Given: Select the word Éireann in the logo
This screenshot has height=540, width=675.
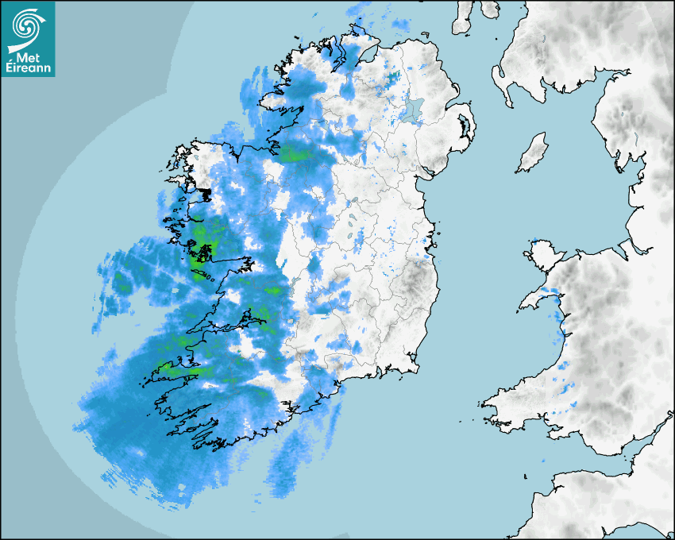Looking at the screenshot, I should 29,68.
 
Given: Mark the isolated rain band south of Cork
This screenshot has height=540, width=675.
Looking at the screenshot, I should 286,469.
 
